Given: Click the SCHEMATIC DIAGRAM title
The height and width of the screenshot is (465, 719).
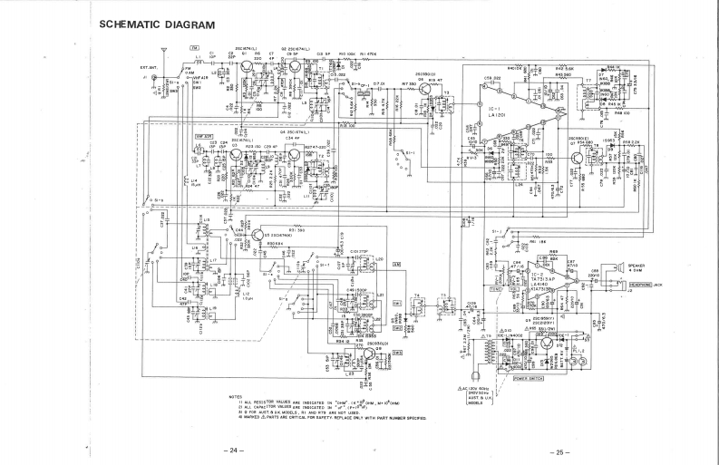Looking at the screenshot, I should [x=158, y=24].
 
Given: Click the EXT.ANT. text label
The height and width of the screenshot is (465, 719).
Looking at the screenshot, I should [x=147, y=67].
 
